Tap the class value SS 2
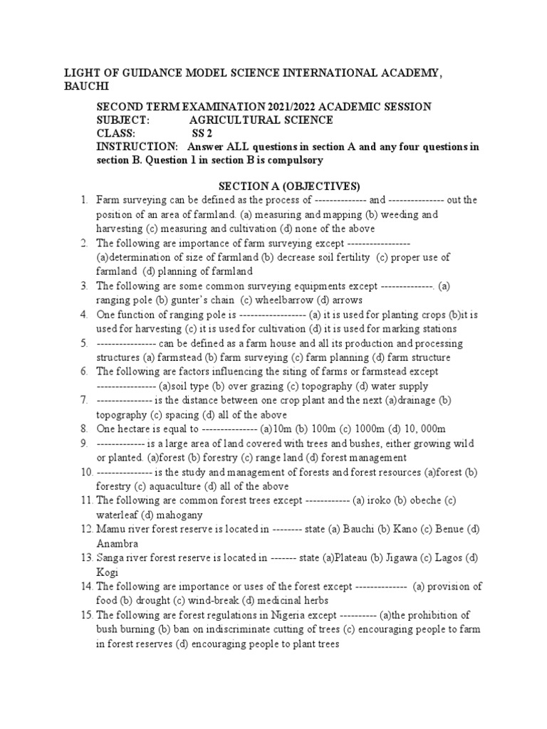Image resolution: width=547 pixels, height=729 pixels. (202, 133)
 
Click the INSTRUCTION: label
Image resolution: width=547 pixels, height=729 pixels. (137, 147)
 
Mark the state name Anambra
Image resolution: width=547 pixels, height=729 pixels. (117, 543)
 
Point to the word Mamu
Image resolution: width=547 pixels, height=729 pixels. (110, 529)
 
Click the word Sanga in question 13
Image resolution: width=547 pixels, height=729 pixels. (110, 557)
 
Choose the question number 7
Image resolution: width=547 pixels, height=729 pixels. (84, 400)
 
